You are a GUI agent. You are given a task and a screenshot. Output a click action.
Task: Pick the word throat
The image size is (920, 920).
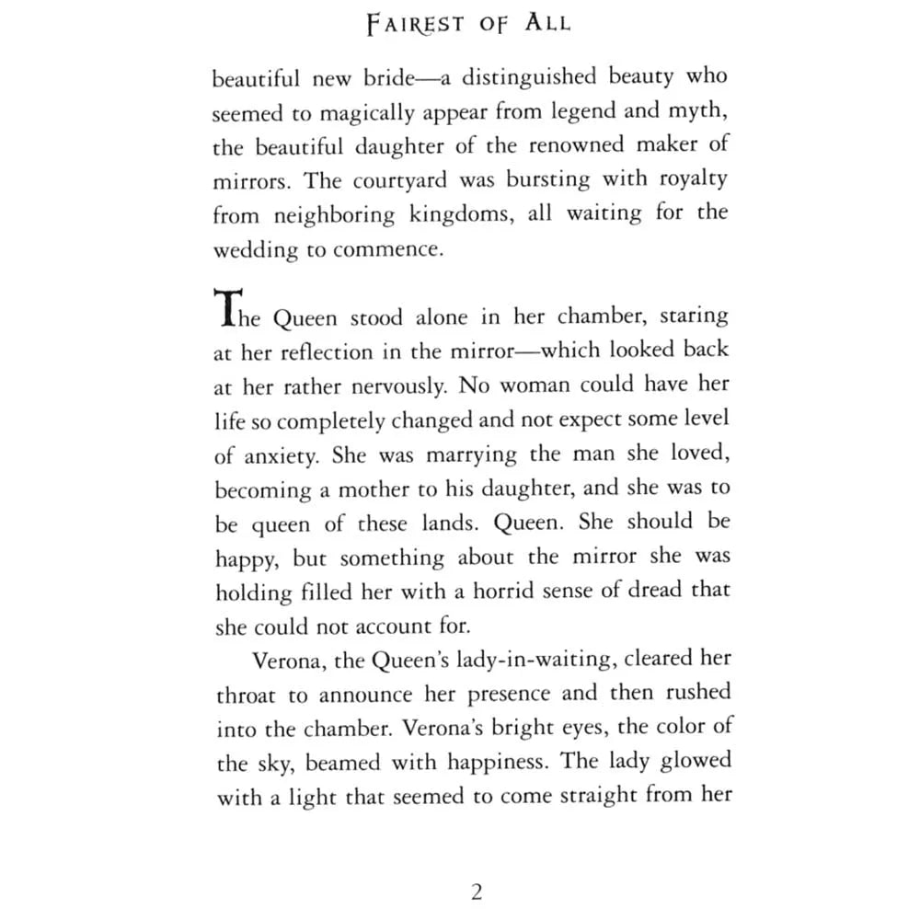(248, 696)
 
